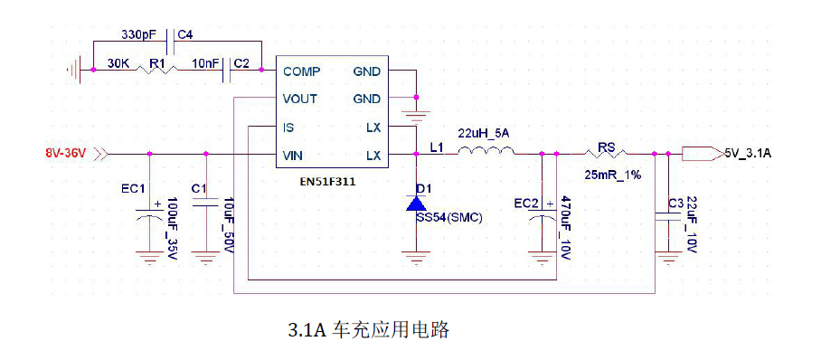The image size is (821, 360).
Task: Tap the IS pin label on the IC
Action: coord(288,128)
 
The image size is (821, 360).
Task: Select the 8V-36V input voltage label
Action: coord(65,153)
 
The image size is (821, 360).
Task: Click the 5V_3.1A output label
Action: coord(748,154)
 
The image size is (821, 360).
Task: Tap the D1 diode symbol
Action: coord(417,204)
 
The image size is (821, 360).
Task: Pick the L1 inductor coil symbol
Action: coord(484,153)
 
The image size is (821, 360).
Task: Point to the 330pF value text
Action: coord(137,34)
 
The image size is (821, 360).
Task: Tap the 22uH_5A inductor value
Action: coord(484,133)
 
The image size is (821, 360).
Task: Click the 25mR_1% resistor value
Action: coord(613,174)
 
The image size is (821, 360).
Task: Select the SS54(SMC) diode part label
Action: coord(448,218)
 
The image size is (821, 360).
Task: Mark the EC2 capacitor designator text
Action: coord(524,202)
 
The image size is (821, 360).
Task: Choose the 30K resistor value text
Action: coord(118,63)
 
